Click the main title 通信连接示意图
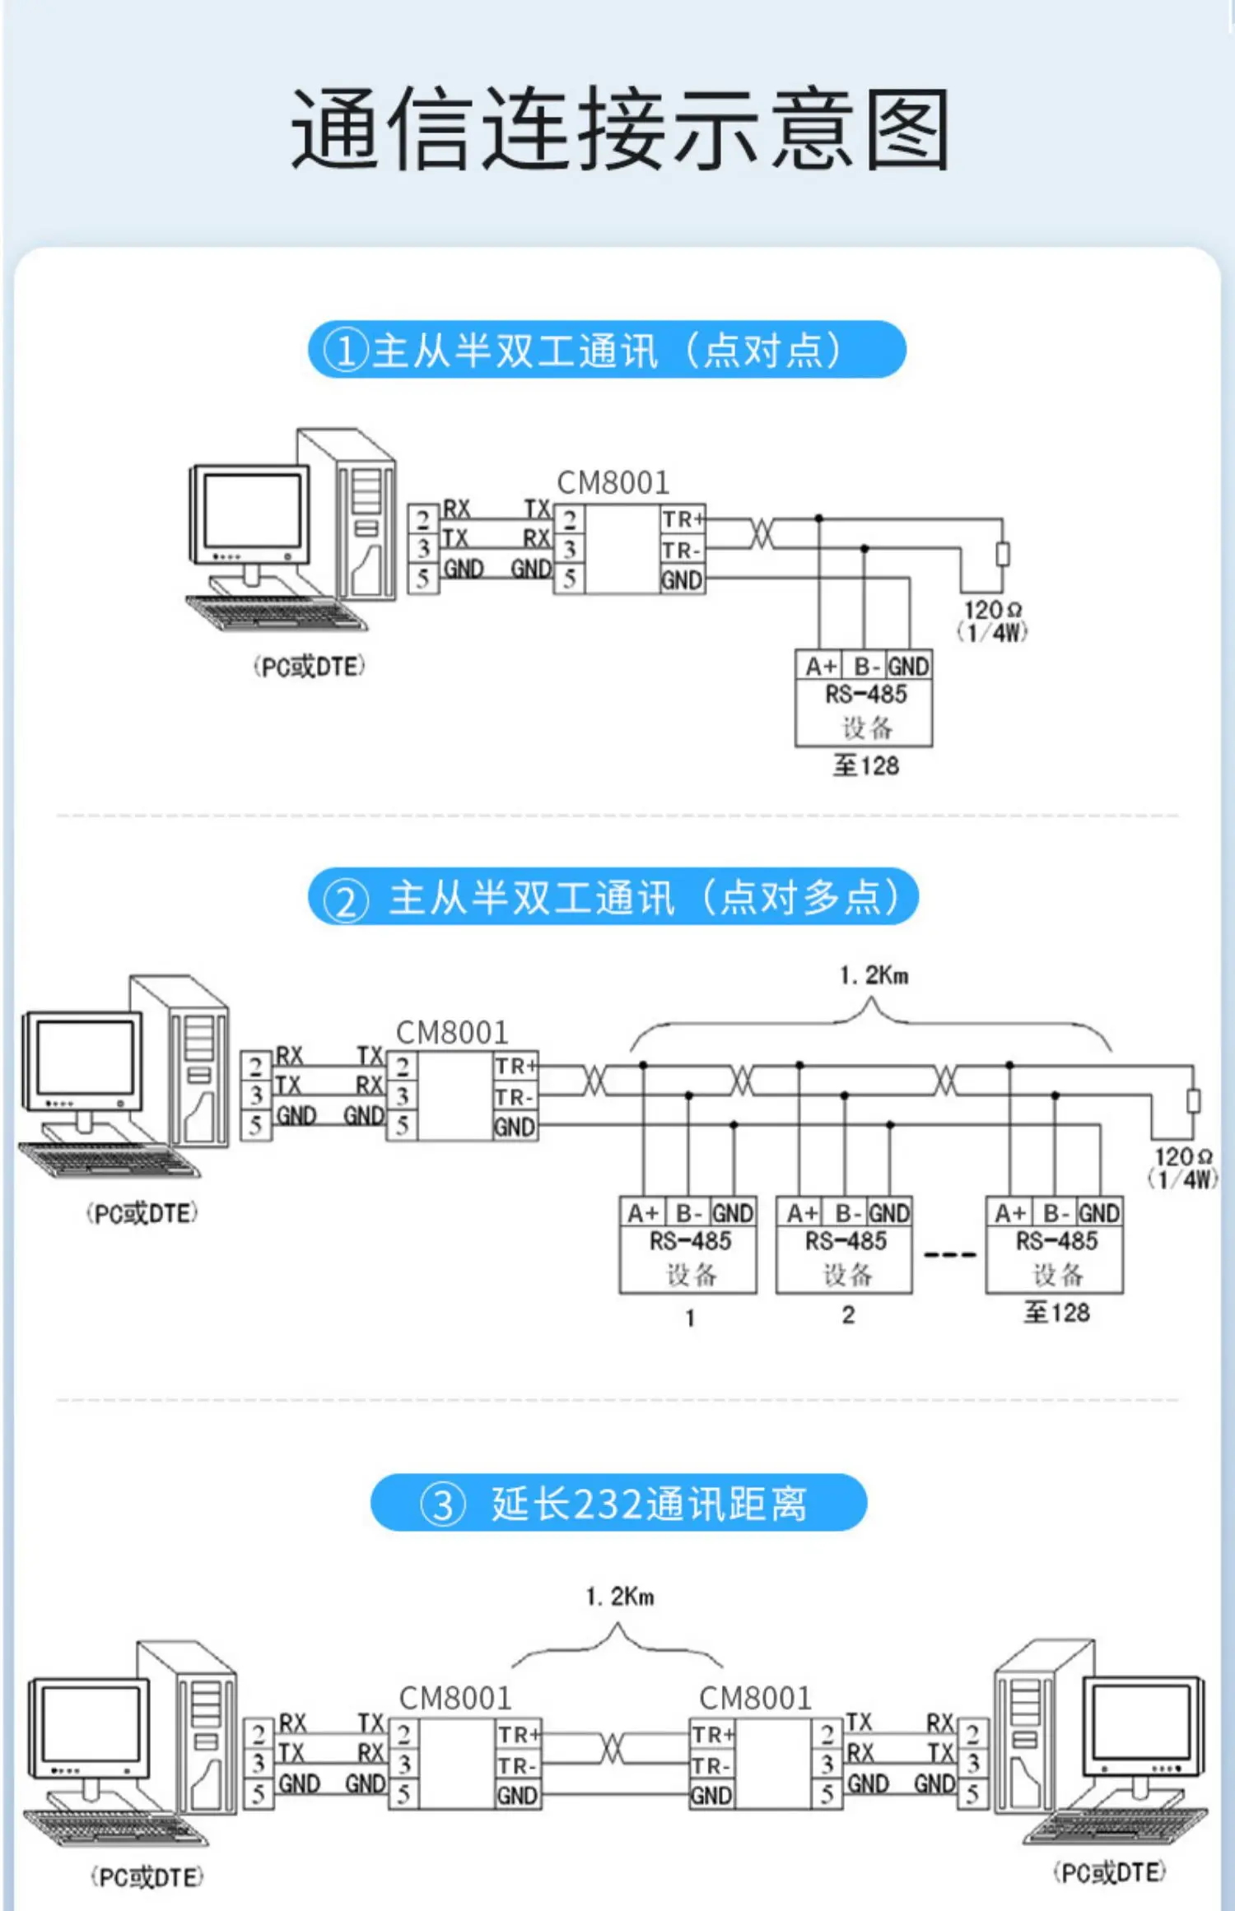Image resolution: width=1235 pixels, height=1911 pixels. (x=621, y=129)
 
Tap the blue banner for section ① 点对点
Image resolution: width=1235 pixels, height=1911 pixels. (x=607, y=350)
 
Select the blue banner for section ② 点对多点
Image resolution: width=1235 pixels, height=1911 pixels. (x=613, y=896)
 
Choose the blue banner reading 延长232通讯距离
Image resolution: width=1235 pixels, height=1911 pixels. (x=618, y=1503)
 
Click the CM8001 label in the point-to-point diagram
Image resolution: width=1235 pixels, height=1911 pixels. (x=613, y=482)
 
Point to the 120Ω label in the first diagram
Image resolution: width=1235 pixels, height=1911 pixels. (x=993, y=610)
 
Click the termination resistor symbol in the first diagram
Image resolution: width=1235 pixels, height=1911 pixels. (x=1002, y=554)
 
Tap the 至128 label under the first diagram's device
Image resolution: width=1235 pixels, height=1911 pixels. (x=865, y=765)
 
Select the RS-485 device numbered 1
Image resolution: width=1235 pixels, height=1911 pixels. (x=688, y=1245)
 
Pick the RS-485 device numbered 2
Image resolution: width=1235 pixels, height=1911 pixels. (x=844, y=1245)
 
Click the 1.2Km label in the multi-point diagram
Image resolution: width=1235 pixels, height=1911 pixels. (x=874, y=976)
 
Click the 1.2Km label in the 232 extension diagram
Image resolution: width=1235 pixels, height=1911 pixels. (x=620, y=1597)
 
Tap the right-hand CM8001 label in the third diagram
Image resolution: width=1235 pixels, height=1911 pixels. (x=755, y=1698)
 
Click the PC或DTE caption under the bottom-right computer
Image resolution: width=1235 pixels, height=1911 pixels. (x=1110, y=1872)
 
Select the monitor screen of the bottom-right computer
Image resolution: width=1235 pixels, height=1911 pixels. (x=1141, y=1718)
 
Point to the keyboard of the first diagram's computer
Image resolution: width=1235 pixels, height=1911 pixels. (x=276, y=612)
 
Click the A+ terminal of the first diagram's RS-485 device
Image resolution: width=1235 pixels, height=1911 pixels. (x=821, y=666)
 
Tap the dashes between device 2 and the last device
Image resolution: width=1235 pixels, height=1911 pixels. (x=949, y=1255)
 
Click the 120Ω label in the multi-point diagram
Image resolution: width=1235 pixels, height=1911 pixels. (x=1183, y=1157)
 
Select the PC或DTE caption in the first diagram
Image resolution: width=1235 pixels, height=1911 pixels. (x=309, y=667)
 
